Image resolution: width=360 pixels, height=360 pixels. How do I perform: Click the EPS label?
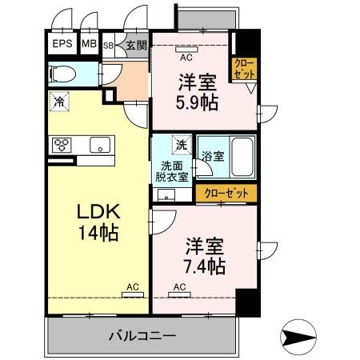62,43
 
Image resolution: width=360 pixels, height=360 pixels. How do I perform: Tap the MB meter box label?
90,43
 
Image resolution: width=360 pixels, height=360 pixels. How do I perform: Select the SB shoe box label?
108,46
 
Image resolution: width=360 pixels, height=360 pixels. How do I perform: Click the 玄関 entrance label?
137,46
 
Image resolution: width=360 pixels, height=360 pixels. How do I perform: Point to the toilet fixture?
62,74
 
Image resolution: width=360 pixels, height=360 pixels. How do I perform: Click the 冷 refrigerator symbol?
59,102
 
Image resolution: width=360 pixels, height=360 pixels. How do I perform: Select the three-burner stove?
62,145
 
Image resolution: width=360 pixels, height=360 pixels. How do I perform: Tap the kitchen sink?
100,145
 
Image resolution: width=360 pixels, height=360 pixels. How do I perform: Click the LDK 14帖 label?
98,222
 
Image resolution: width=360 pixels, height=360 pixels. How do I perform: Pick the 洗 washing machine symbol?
182,145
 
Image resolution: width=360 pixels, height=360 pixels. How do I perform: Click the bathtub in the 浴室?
242,157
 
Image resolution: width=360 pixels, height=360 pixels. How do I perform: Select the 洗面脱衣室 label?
172,171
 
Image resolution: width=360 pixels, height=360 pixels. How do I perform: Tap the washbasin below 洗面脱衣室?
166,195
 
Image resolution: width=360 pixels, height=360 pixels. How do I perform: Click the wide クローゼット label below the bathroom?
226,193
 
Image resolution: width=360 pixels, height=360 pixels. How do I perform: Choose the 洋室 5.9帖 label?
198,92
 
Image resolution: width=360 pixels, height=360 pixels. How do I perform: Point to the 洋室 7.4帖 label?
205,256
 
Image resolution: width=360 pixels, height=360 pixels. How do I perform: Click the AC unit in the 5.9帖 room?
186,50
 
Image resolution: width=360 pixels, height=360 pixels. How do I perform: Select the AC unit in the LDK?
133,294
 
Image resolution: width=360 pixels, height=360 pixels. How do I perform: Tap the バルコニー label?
142,335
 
